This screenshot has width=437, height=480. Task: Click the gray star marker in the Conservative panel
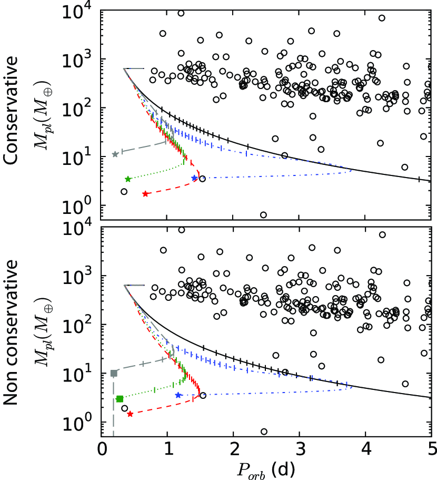[115, 154]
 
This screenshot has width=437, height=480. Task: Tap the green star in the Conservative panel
[128, 179]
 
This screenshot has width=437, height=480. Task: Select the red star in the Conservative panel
[145, 194]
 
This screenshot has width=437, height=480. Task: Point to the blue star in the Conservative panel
[194, 178]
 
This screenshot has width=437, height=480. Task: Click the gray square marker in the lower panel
[114, 373]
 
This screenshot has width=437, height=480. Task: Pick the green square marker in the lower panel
[120, 399]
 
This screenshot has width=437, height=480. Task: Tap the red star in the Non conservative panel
[130, 414]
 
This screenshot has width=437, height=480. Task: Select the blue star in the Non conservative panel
[178, 395]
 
